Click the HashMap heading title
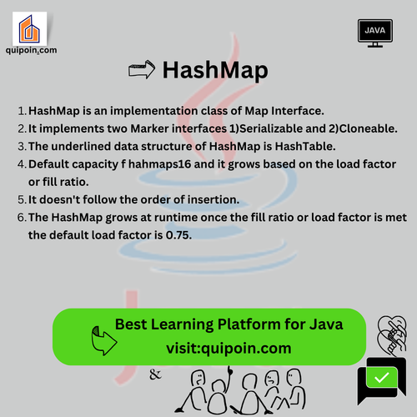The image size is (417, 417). pyautogui.click(x=215, y=71)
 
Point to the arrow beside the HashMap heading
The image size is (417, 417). pyautogui.click(x=143, y=70)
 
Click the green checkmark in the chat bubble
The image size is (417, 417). pyautogui.click(x=382, y=378)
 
